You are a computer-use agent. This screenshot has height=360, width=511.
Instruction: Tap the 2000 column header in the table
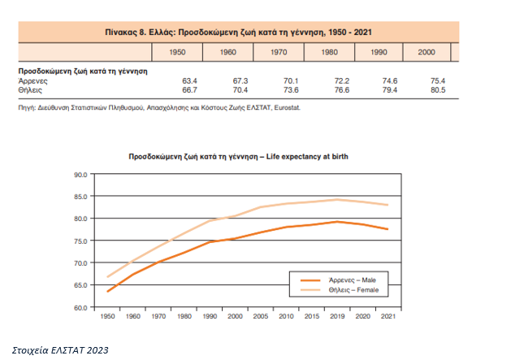(x=427, y=52)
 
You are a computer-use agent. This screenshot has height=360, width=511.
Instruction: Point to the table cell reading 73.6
(x=288, y=89)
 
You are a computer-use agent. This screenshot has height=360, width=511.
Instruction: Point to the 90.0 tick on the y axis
(x=79, y=175)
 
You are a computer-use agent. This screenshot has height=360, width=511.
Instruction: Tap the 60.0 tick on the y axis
(x=79, y=307)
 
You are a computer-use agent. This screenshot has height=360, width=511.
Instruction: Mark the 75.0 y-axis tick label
(x=79, y=241)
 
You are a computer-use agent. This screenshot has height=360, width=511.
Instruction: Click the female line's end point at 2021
(x=388, y=205)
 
